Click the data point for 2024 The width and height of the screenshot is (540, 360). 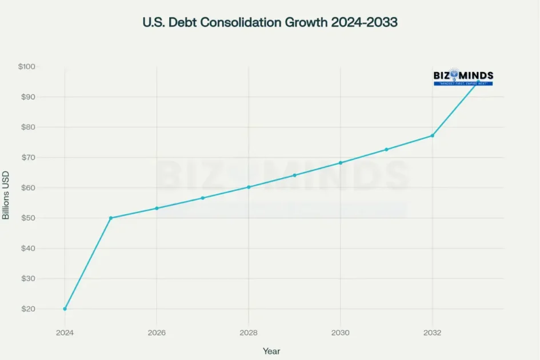(x=65, y=309)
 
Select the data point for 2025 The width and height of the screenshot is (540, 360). (x=111, y=218)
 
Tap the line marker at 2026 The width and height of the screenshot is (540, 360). (x=157, y=208)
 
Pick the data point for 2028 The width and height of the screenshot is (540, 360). (x=249, y=187)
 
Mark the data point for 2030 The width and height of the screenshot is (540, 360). (x=341, y=163)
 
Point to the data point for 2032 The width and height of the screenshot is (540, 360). (x=433, y=135)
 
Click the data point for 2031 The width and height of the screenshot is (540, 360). (x=386, y=149)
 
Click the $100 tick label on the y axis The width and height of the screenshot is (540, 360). (x=27, y=67)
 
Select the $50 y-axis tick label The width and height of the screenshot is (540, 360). (x=29, y=218)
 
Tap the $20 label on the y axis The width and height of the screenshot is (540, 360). (x=29, y=309)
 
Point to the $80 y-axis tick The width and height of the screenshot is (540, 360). (x=29, y=127)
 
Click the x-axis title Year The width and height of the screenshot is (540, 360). (x=271, y=351)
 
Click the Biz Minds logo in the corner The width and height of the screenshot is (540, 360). (x=463, y=77)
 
